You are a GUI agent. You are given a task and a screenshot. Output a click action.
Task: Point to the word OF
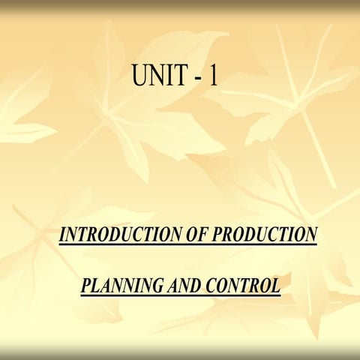(x=193, y=235)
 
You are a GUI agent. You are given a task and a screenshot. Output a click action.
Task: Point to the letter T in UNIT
(x=184, y=76)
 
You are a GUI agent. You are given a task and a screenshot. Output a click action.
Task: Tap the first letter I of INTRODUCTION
(x=62, y=235)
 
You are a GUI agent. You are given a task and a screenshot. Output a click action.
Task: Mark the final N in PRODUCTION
(x=310, y=235)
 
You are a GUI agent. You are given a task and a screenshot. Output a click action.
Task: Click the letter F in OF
(x=199, y=235)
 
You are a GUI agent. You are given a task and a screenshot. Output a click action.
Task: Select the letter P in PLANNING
(x=85, y=286)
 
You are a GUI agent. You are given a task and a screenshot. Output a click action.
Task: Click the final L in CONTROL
(x=275, y=286)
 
